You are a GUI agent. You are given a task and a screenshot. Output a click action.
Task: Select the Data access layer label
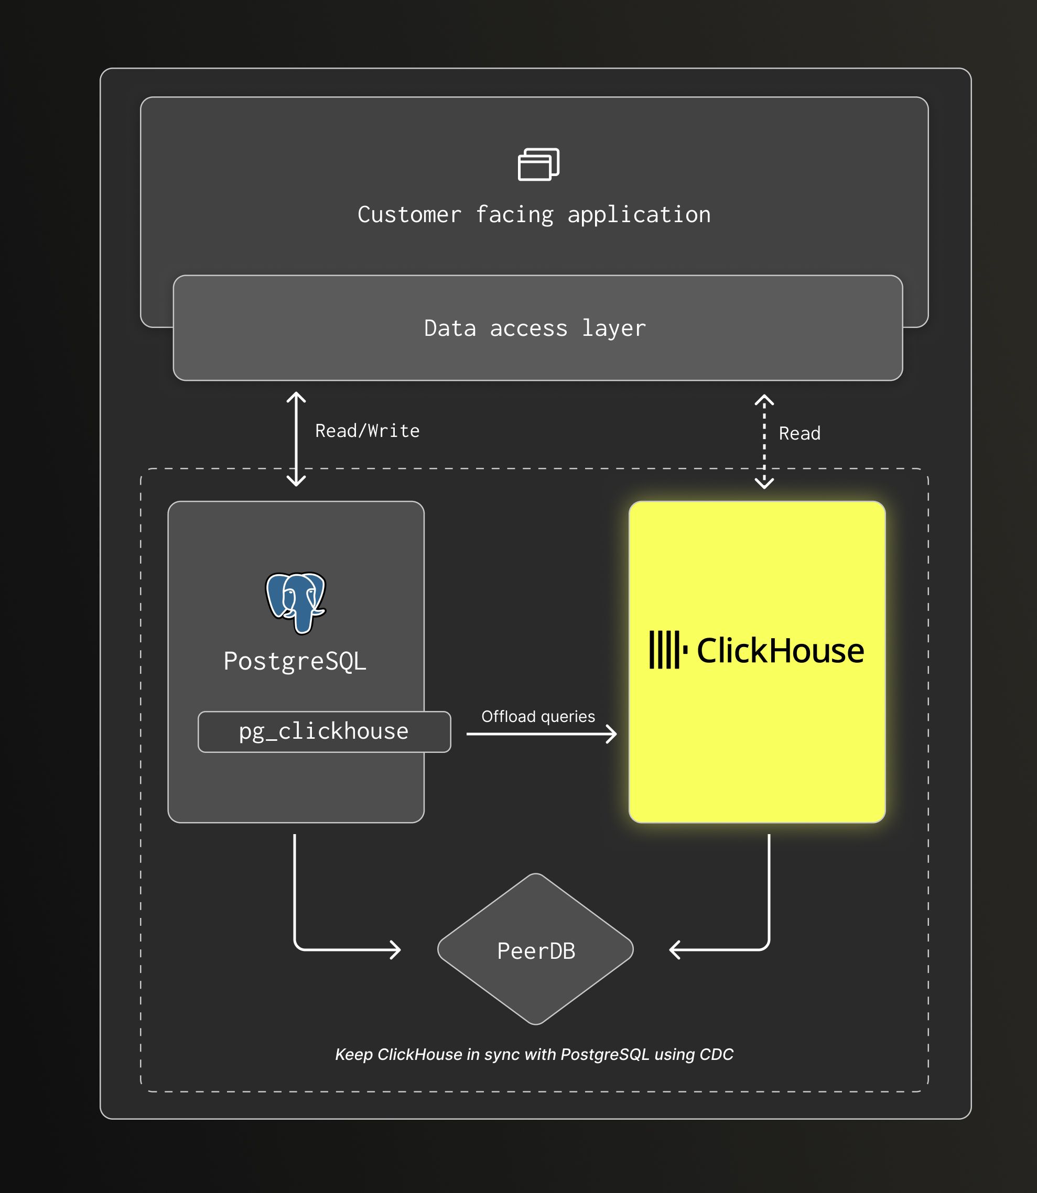coord(535,329)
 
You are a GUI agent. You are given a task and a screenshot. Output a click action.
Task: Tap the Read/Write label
coord(367,431)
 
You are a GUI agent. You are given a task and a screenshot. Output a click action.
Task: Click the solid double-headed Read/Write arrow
coord(296,440)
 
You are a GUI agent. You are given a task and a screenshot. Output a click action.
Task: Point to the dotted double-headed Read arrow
coord(764,442)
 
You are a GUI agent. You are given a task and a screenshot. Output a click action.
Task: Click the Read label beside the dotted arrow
coord(799,433)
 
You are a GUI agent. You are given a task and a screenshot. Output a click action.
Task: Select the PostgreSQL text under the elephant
coord(295,662)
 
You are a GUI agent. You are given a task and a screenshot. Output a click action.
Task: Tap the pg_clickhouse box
coord(324,731)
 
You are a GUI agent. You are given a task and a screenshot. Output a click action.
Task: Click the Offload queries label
coord(538,717)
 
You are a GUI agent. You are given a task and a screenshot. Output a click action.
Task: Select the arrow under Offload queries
coord(541,734)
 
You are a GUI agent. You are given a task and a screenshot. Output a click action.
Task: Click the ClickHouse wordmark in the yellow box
coord(780,651)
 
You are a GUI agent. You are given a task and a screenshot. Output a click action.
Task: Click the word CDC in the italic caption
coord(716,1054)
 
